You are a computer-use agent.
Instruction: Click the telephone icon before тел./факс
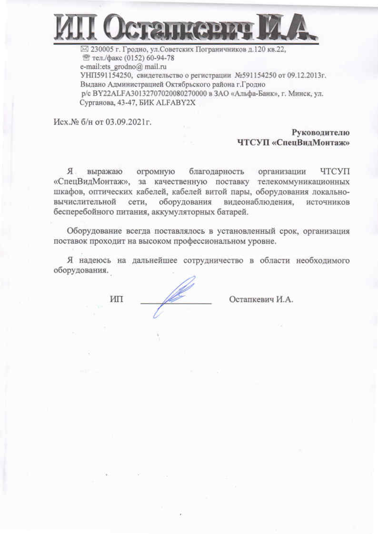[x=86, y=58]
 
